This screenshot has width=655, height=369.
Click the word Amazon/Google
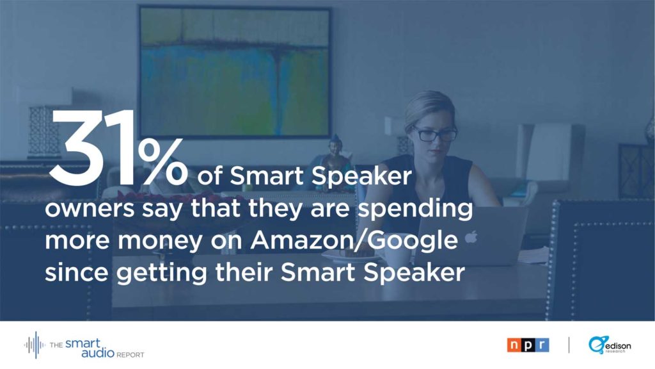pos(354,240)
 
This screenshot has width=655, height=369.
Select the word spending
pos(415,209)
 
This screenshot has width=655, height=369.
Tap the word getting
pos(161,274)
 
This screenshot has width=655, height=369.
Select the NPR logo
pos(528,345)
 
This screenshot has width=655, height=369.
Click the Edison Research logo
pos(610,345)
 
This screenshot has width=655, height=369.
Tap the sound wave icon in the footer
pos(35,345)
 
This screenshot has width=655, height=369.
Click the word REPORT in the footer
pos(130,355)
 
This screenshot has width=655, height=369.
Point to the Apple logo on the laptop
pos(471,237)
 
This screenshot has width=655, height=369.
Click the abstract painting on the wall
pos(235,72)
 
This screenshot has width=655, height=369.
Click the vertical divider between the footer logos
pos(569,345)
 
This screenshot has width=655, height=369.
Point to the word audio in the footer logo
pos(98,353)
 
